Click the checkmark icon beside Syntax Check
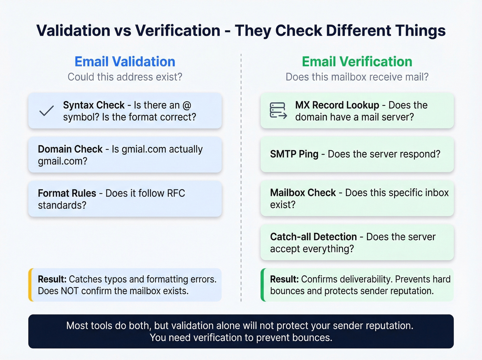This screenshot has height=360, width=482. (x=46, y=111)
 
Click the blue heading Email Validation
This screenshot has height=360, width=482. (x=125, y=62)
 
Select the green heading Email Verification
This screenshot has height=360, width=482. (x=357, y=62)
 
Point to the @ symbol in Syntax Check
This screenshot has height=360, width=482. (x=187, y=105)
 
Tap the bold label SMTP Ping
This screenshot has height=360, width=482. (x=294, y=154)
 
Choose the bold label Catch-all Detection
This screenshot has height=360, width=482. (x=313, y=237)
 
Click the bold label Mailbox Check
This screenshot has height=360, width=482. (x=303, y=193)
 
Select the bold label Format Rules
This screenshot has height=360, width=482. (x=67, y=193)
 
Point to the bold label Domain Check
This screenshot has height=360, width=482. (x=70, y=149)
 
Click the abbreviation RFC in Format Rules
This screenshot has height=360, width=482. (x=176, y=193)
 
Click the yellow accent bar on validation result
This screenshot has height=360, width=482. (x=31, y=285)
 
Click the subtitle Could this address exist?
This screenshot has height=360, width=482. (x=125, y=77)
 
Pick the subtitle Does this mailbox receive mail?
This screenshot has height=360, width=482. (x=357, y=77)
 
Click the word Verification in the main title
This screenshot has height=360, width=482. (x=178, y=31)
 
